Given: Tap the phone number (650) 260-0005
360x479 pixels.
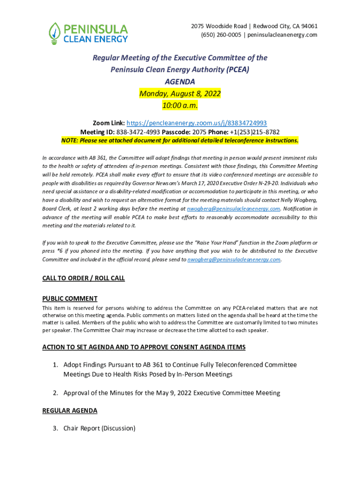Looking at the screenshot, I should pyautogui.click(x=221, y=35).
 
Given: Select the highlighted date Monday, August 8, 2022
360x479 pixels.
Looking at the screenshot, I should pyautogui.click(x=180, y=94).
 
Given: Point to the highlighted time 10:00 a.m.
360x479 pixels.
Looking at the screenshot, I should pyautogui.click(x=180, y=106).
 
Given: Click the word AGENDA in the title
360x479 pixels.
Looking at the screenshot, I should pyautogui.click(x=180, y=81).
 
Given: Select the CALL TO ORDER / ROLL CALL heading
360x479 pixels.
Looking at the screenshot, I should pyautogui.click(x=84, y=278).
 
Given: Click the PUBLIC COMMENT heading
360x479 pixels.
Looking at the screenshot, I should pyautogui.click(x=70, y=298).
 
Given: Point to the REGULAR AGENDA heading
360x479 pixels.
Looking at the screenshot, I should pyautogui.click(x=70, y=411).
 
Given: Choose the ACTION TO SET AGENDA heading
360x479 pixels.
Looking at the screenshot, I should pyautogui.click(x=144, y=347).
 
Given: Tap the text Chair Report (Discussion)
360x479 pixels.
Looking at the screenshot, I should pyautogui.click(x=100, y=428).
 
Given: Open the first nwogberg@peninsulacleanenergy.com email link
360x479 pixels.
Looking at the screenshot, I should pyautogui.click(x=233, y=209).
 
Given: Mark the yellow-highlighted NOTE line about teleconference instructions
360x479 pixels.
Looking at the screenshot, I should pyautogui.click(x=180, y=140).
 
